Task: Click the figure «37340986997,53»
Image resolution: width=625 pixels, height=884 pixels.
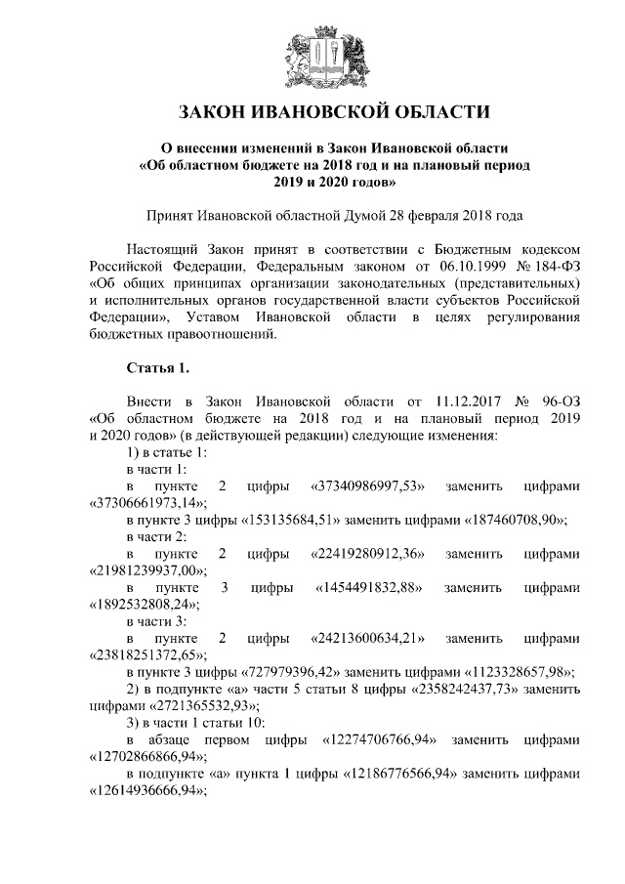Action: (x=365, y=485)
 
